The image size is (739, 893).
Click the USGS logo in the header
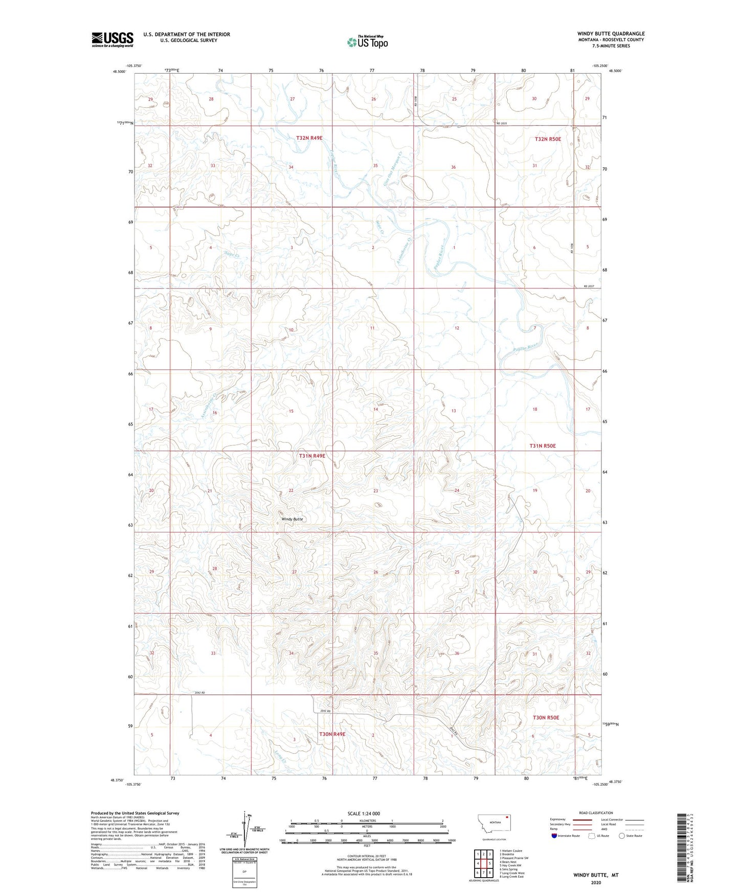tap(112, 39)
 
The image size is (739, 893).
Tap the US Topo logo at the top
tap(367, 42)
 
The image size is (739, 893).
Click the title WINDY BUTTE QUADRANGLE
tap(611, 34)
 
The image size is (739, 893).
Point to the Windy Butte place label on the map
tap(293, 519)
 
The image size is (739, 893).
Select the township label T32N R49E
tap(309, 138)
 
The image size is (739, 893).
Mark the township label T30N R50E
tap(546, 718)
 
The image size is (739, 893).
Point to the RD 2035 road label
tap(501, 124)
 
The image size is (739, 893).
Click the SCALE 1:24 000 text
tap(364, 813)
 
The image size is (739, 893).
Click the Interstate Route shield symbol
tap(554, 836)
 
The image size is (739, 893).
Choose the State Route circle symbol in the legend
tap(622, 836)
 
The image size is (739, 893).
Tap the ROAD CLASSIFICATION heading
tap(596, 813)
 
